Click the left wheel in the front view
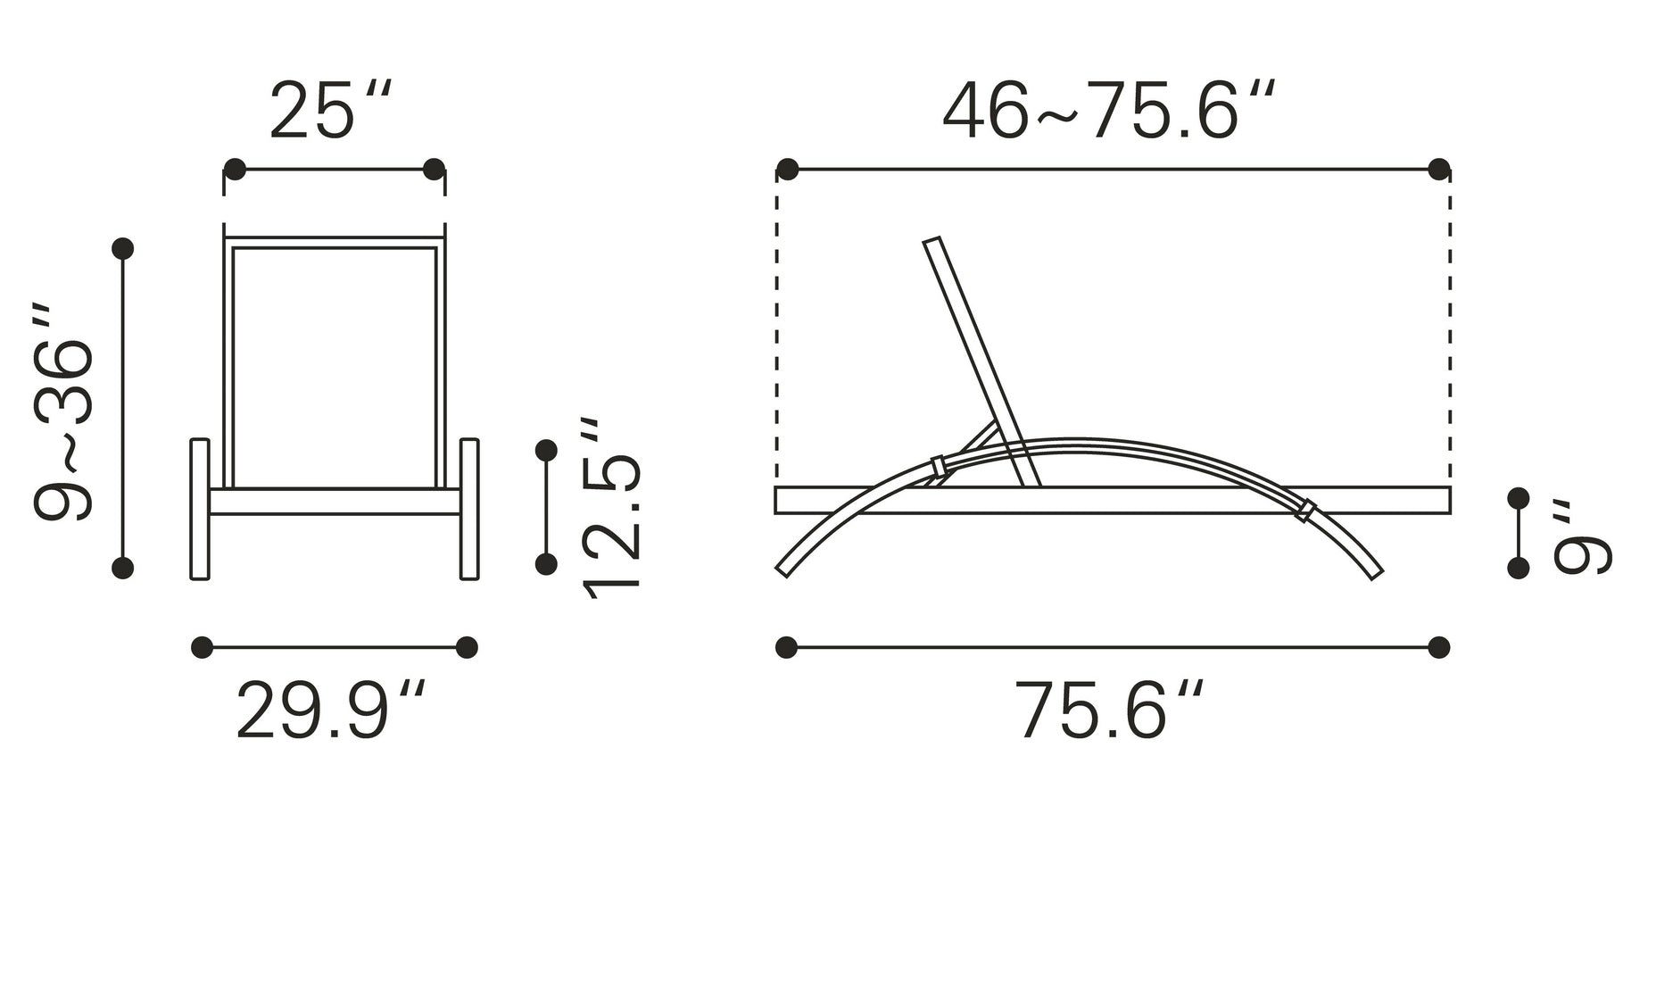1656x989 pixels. point(200,509)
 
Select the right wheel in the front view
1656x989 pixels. point(469,509)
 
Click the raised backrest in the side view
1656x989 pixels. point(982,362)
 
